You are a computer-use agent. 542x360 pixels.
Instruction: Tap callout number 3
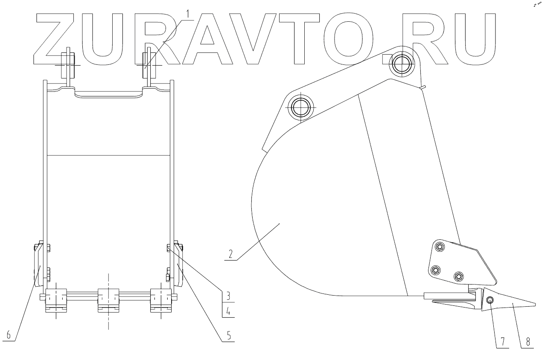click(x=228, y=295)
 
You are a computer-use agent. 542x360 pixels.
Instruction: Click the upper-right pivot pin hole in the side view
click(x=402, y=65)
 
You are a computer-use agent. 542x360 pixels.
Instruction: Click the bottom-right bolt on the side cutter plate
click(x=458, y=276)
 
